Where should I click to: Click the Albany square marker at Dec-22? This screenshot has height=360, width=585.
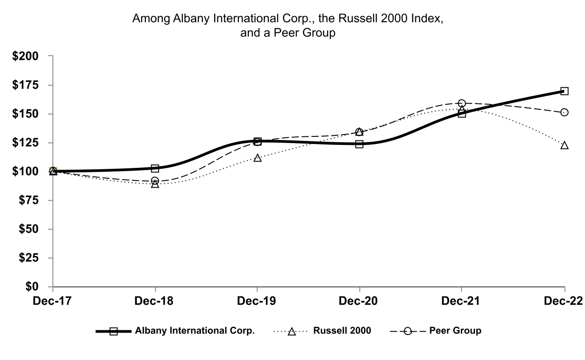click(x=564, y=91)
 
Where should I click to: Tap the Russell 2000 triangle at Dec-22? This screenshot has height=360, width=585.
click(x=564, y=145)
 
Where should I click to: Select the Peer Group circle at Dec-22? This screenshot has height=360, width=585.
click(x=564, y=112)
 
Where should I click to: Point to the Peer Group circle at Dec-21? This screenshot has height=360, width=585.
click(x=462, y=103)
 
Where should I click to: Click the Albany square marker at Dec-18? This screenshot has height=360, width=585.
click(x=155, y=168)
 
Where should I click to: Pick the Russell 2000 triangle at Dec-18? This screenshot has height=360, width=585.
click(x=155, y=184)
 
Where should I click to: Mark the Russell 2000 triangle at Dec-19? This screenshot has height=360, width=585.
click(x=257, y=158)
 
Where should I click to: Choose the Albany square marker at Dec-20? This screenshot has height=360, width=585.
click(x=360, y=144)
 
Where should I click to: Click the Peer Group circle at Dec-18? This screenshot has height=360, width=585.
click(x=155, y=180)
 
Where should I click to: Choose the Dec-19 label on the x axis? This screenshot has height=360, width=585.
click(x=257, y=300)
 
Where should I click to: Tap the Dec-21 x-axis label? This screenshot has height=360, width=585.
click(x=462, y=300)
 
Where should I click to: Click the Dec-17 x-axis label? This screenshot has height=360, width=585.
click(x=53, y=300)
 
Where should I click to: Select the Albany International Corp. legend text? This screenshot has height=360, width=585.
click(x=195, y=331)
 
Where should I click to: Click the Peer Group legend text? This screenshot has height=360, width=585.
click(x=455, y=331)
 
